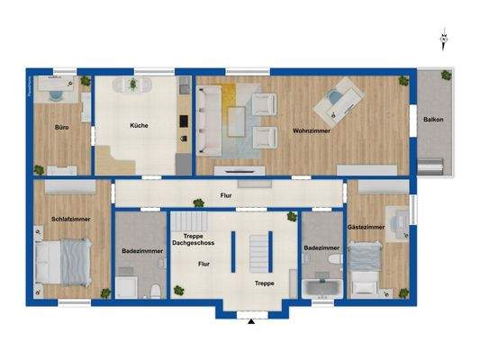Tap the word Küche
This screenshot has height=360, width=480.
coord(140,125)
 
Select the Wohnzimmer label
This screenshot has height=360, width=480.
coord(311,131)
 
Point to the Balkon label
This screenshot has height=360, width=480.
coord(432,120)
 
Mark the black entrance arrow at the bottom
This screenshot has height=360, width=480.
coord(251,319)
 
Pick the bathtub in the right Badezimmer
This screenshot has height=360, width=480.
coord(322,289)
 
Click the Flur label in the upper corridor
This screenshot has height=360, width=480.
coord(226,194)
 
